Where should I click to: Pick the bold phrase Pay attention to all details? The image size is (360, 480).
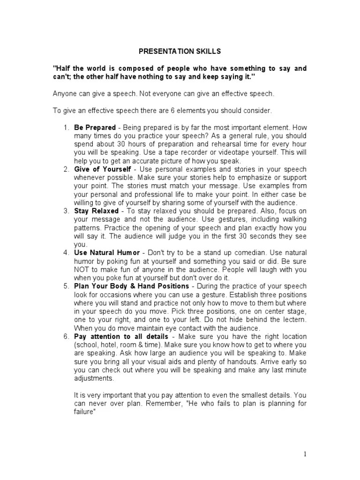click(x=121, y=337)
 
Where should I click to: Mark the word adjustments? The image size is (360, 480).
click(x=94, y=378)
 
